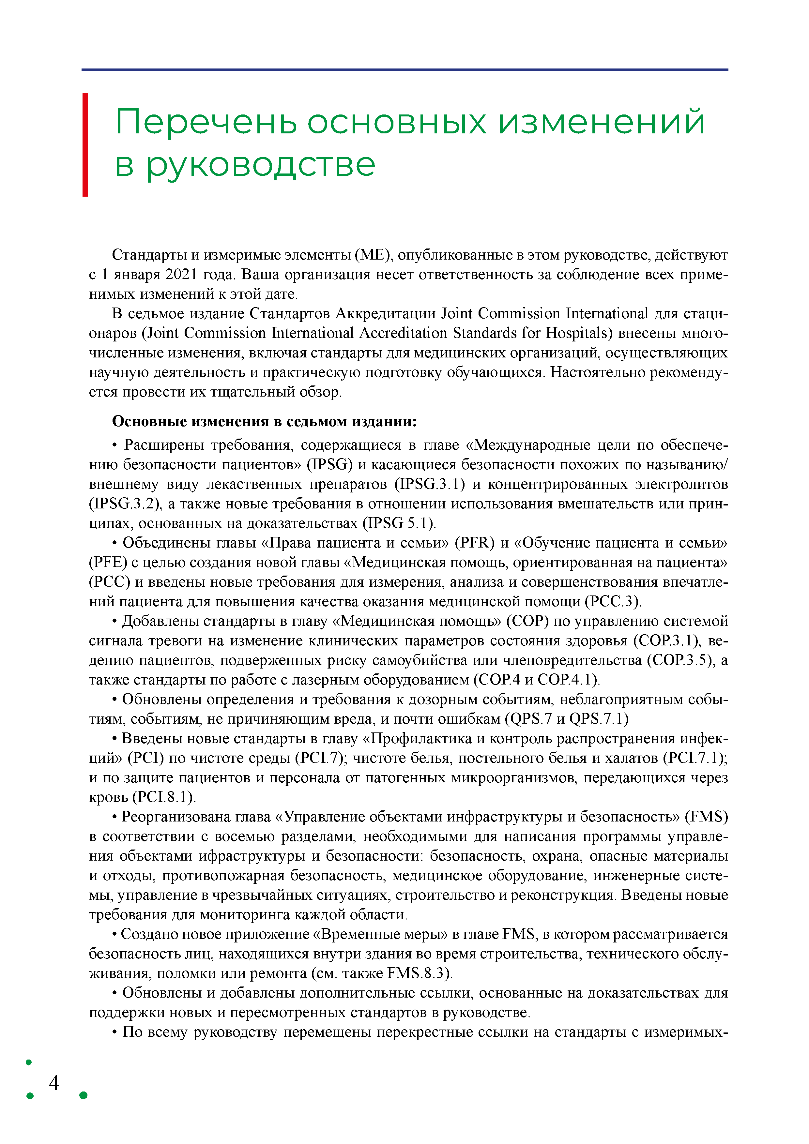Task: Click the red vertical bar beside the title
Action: tap(85, 144)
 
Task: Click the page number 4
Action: tap(54, 1083)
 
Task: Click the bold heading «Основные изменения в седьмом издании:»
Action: tap(264, 422)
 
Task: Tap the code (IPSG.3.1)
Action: tap(430, 484)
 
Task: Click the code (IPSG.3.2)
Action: tap(126, 504)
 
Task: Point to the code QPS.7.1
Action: tap(599, 719)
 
